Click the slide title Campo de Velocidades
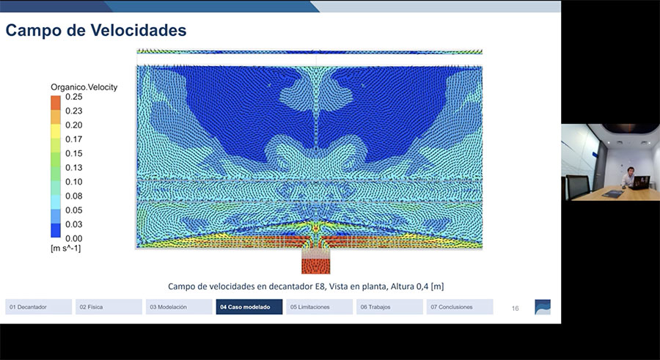tap(96, 30)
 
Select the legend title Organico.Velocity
tap(84, 87)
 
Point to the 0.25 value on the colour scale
tap(73, 97)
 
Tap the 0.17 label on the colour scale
tap(73, 139)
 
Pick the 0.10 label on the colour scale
tap(73, 182)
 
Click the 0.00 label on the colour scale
tap(73, 239)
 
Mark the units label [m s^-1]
tap(66, 248)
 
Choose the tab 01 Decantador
tap(38, 307)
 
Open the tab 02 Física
tap(109, 307)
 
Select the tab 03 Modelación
tap(179, 307)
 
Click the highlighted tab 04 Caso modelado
tap(249, 307)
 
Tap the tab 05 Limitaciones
tap(320, 307)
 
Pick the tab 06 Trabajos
tap(389, 307)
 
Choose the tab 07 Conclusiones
tap(460, 307)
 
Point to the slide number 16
tap(516, 309)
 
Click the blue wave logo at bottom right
tap(543, 307)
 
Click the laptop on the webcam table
tap(639, 183)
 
